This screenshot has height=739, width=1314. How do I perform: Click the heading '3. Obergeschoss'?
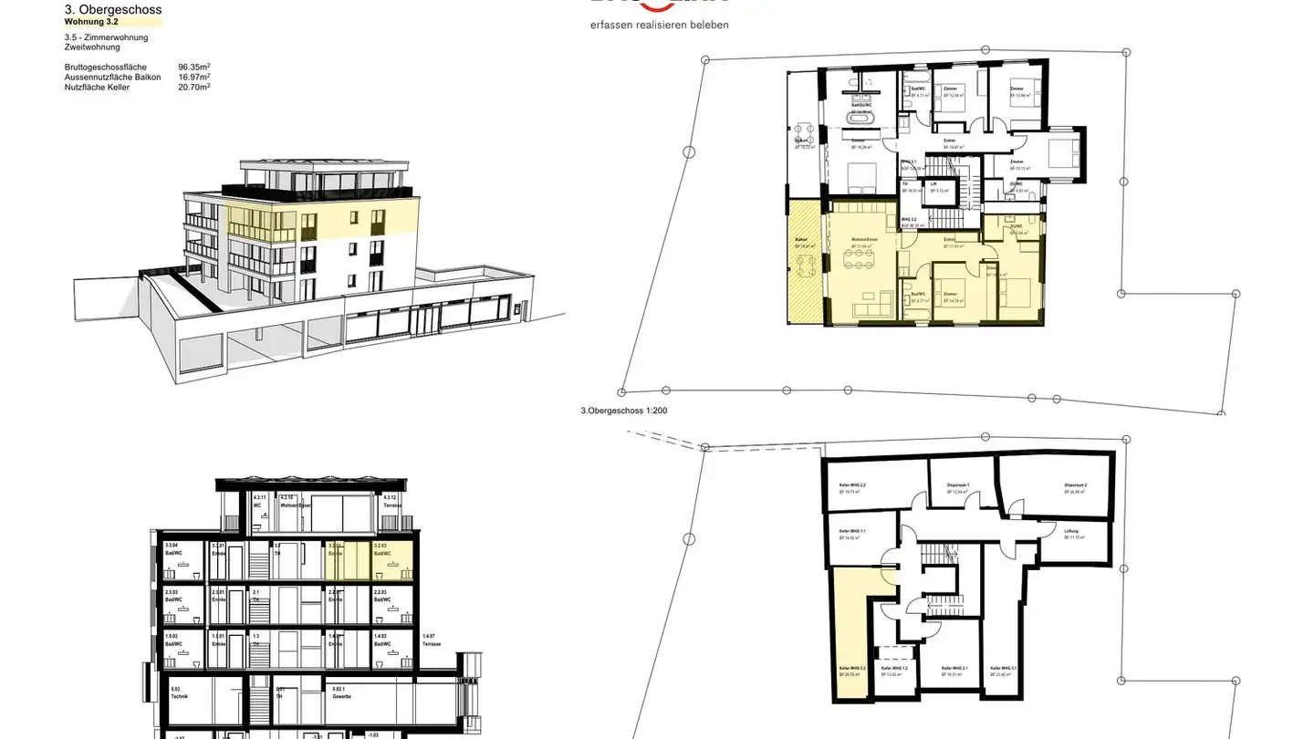click(x=113, y=10)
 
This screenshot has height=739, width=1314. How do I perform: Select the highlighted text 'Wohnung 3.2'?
click(x=91, y=22)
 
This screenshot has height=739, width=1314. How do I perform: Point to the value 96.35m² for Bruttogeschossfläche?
click(x=194, y=68)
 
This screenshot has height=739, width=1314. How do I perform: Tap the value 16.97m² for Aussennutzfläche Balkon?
click(x=194, y=78)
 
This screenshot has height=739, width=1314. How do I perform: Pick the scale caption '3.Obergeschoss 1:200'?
click(x=624, y=411)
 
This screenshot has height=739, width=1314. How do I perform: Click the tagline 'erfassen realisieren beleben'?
click(x=659, y=26)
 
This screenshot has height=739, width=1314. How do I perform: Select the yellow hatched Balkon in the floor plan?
click(x=806, y=261)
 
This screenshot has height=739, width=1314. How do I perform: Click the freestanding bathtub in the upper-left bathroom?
click(x=861, y=118)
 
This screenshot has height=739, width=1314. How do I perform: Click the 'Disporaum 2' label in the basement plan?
click(x=1075, y=484)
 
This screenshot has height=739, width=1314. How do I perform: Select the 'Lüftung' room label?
click(x=1072, y=531)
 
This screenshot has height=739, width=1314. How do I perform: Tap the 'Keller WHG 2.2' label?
click(x=851, y=485)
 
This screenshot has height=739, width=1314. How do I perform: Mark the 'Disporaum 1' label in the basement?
click(x=957, y=484)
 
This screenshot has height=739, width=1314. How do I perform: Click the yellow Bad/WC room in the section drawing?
click(x=392, y=560)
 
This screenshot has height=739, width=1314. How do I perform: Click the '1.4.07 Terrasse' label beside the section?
click(x=433, y=640)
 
